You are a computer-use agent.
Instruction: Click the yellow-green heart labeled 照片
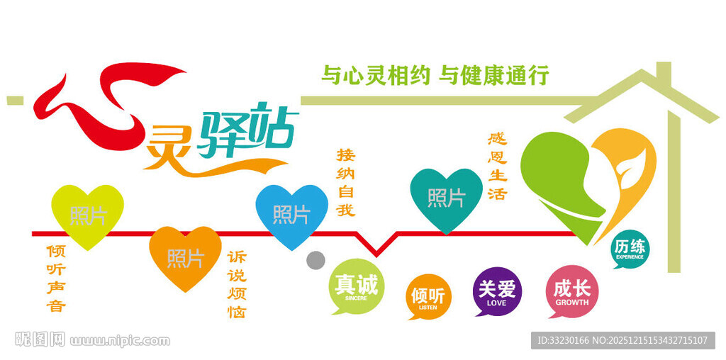click(88, 214)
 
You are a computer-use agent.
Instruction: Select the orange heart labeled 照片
click(185, 256)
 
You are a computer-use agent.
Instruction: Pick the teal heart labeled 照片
click(446, 198)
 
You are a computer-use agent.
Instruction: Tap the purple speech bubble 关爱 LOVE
click(497, 291)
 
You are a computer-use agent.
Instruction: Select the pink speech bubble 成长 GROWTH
click(571, 291)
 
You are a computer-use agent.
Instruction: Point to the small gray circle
click(315, 260)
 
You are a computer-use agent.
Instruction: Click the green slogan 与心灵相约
click(375, 75)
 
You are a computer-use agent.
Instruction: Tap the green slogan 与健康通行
click(494, 75)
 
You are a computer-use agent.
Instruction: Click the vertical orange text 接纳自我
click(345, 182)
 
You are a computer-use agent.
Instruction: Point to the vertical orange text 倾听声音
click(56, 279)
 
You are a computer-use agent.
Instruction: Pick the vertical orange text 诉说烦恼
click(237, 284)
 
